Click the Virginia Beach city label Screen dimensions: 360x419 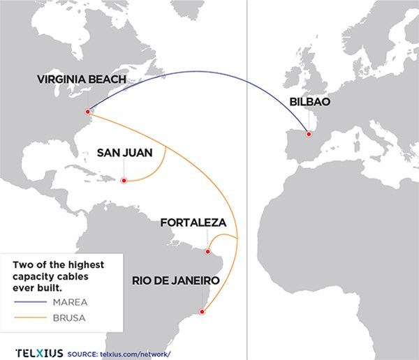(82, 80)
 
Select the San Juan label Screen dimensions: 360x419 (124, 153)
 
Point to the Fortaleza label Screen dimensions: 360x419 (193, 223)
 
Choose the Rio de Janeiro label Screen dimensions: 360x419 (176, 280)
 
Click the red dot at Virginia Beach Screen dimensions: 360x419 (88, 112)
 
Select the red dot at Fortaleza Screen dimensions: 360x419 (208, 251)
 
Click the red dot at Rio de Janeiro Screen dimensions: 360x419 (203, 311)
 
